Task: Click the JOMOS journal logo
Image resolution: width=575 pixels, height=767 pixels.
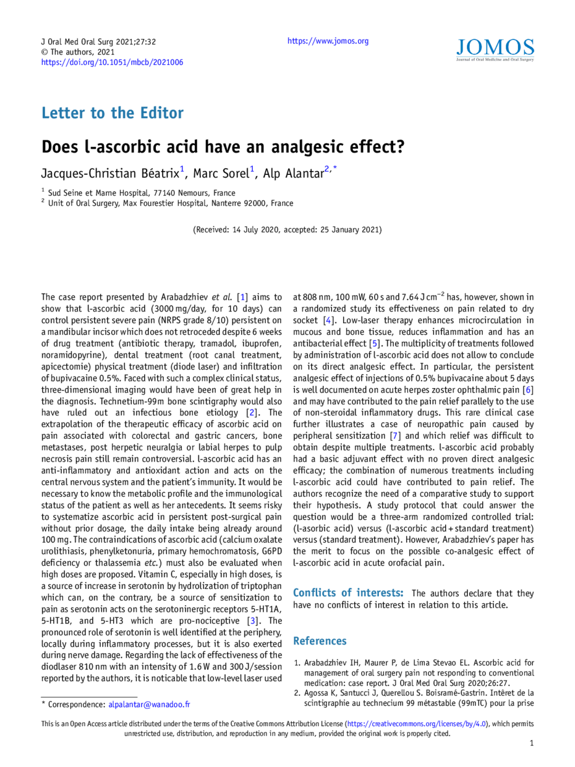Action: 495,50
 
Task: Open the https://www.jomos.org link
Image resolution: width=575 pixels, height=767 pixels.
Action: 328,41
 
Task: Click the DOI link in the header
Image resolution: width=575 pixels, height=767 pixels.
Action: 112,62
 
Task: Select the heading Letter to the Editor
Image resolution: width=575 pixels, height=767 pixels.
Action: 113,113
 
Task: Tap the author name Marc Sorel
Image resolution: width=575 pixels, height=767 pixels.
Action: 221,173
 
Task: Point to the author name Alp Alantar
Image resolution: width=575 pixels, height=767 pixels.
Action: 294,173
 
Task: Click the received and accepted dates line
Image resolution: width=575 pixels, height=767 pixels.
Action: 287,229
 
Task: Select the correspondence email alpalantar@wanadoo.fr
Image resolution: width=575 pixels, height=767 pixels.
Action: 149,704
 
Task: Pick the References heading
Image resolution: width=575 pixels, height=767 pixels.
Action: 320,640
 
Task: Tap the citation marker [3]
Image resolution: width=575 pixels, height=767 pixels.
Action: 252,621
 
